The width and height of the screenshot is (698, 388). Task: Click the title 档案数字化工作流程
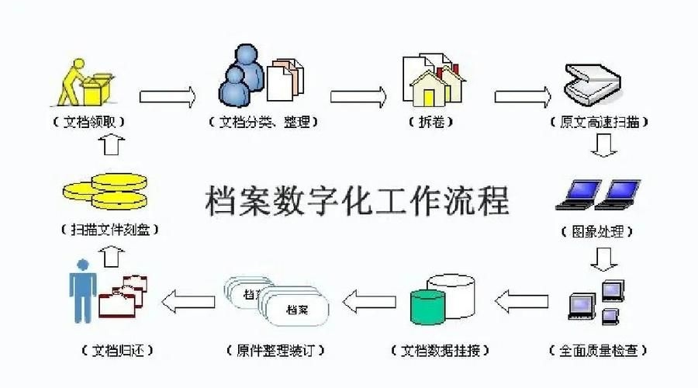(358, 200)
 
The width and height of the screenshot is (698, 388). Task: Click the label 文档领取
(89, 122)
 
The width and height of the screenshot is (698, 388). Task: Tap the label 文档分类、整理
(264, 122)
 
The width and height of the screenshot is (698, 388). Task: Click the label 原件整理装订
(275, 350)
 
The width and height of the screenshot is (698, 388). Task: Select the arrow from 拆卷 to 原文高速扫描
(523, 96)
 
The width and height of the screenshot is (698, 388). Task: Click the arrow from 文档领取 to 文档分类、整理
(167, 96)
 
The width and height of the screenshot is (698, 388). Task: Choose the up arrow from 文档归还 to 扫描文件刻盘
(112, 255)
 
